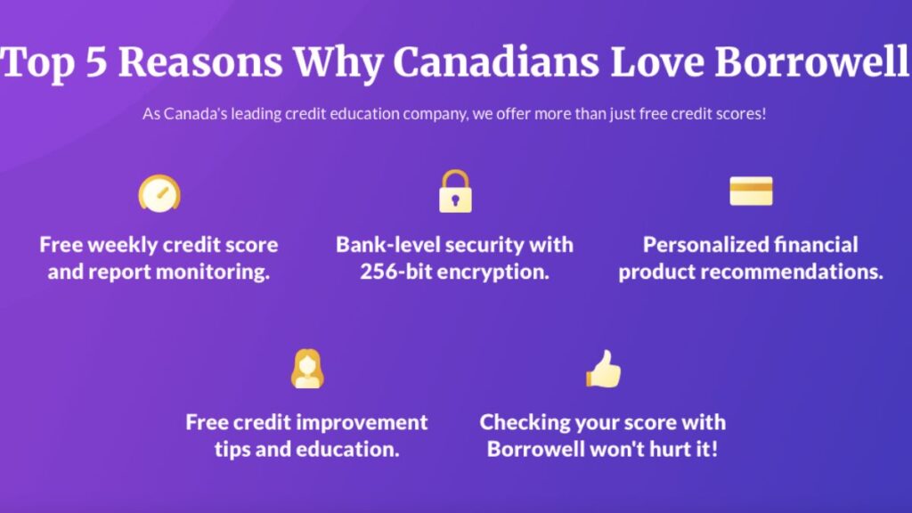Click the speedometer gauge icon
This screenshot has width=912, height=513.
[x=159, y=193]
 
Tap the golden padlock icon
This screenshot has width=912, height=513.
[x=455, y=191]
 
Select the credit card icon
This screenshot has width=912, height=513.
[x=751, y=191]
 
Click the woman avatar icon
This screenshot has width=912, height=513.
[x=307, y=369]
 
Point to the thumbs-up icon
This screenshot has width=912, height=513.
[x=603, y=369]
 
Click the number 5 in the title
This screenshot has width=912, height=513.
[x=97, y=61]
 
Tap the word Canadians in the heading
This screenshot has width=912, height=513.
[x=496, y=61]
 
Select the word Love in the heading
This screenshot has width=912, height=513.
[x=657, y=61]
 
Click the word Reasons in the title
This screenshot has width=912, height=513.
[x=200, y=61]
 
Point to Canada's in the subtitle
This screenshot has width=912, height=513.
[x=195, y=114]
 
